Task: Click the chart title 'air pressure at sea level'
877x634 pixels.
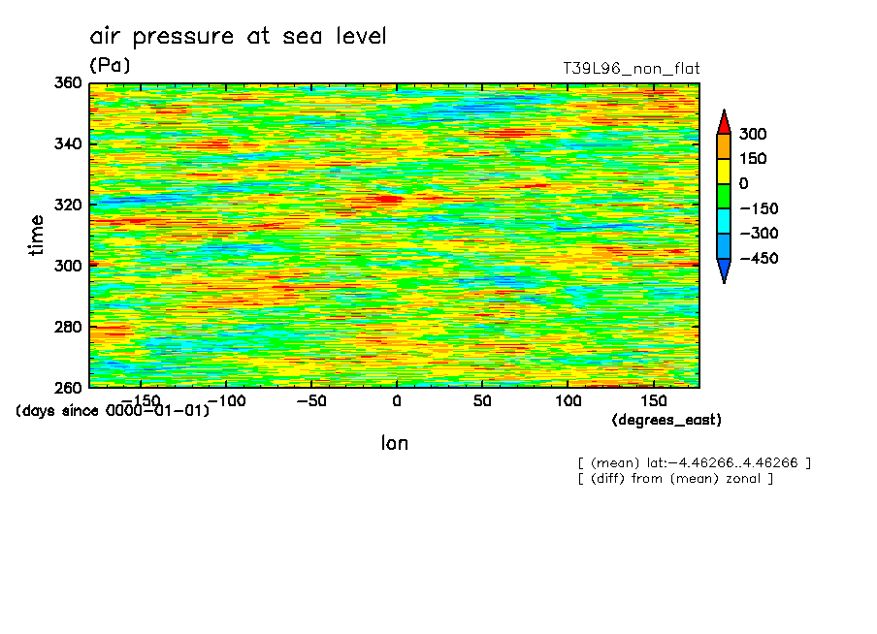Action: point(238,37)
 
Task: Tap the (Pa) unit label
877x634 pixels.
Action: point(110,65)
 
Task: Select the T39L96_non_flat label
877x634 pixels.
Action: point(632,69)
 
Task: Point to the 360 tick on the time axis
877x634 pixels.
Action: point(71,83)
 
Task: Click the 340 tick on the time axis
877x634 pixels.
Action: point(71,144)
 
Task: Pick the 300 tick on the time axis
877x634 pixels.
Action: point(71,266)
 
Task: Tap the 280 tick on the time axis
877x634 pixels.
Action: point(71,327)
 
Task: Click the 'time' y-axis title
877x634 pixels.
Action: point(37,235)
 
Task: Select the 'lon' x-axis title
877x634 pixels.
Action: point(394,444)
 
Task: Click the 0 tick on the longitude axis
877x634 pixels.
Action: point(396,400)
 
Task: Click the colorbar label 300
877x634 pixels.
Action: point(752,134)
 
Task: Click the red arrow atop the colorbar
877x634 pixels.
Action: point(723,121)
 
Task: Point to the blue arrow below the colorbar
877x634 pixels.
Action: point(723,271)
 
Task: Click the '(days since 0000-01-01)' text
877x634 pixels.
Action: point(113,411)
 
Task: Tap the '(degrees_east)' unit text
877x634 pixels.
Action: point(666,420)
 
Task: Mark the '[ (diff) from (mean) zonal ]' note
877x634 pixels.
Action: point(675,478)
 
